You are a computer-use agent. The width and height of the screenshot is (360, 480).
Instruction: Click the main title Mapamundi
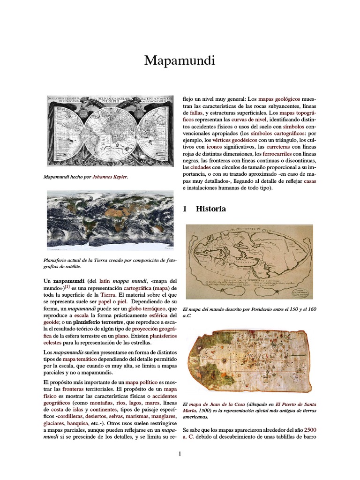coord(180,60)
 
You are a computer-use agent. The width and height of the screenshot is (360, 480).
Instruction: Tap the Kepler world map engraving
coord(110,131)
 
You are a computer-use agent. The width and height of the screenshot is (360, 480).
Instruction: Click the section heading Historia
coord(210,209)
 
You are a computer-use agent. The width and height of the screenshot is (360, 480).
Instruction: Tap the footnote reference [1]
coord(67,286)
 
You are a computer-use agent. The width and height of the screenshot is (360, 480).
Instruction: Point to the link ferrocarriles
coord(278,153)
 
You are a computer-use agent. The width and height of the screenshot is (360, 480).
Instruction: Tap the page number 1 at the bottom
coord(180,453)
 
